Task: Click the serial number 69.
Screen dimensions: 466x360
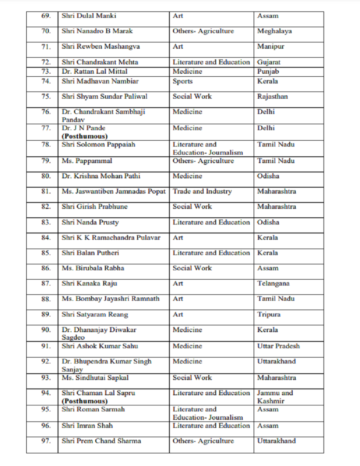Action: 46,16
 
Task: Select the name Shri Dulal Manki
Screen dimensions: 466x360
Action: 89,16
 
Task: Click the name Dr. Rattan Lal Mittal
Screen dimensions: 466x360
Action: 94,72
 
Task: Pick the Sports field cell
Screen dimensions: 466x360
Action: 183,81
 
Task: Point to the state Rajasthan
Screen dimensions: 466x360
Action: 272,97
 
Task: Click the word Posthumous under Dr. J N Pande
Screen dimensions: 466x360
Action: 85,136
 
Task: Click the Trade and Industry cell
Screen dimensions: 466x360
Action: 202,191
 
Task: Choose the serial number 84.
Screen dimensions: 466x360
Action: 46,238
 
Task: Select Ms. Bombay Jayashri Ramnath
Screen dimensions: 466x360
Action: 111,299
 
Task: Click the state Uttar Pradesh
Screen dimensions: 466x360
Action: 278,346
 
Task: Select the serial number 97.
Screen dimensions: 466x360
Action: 46,441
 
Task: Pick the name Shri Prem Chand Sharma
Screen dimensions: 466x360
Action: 101,441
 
